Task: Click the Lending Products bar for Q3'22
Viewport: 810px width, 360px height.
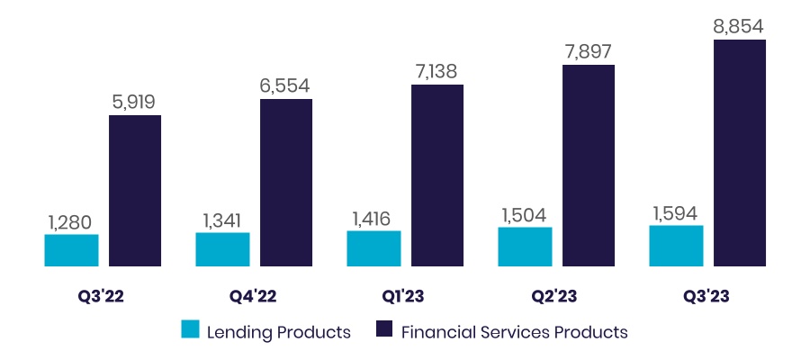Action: (71, 250)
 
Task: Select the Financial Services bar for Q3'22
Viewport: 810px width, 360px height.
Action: (135, 191)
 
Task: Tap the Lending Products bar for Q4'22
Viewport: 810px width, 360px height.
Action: (222, 249)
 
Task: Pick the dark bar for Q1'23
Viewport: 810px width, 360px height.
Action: (437, 175)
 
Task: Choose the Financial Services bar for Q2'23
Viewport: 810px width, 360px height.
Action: (589, 166)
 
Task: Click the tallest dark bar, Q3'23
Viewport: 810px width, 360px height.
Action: (740, 153)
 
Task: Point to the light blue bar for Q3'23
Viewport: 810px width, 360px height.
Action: (676, 246)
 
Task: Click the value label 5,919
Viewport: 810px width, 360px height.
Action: (135, 102)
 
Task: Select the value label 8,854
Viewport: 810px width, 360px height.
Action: (740, 25)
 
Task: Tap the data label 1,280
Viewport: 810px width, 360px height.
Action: (71, 221)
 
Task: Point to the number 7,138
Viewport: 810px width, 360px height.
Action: (437, 71)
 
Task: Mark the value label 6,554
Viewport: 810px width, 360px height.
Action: (286, 85)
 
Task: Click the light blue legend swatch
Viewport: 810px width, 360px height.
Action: (191, 331)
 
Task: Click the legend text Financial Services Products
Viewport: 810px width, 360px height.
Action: (514, 332)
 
